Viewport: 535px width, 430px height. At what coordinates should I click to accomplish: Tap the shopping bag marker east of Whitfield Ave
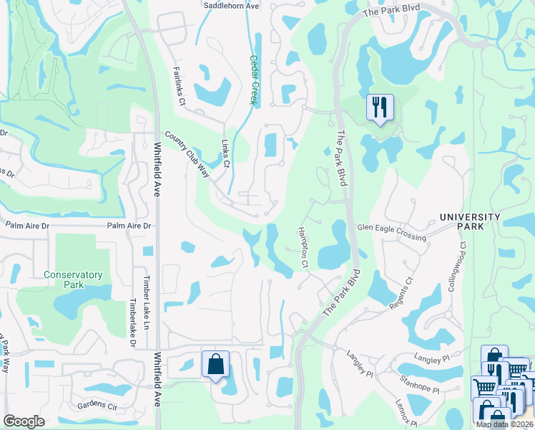(x=215, y=364)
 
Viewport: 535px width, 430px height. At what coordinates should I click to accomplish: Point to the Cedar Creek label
(x=252, y=80)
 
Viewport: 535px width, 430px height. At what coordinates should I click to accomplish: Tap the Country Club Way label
(x=187, y=155)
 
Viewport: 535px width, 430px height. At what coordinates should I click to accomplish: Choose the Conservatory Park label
(x=73, y=279)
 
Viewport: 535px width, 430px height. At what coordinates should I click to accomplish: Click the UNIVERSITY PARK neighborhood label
(x=470, y=221)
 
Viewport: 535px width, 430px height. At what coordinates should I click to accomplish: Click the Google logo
(x=24, y=421)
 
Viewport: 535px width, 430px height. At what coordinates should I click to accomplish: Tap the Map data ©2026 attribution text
(x=505, y=424)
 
